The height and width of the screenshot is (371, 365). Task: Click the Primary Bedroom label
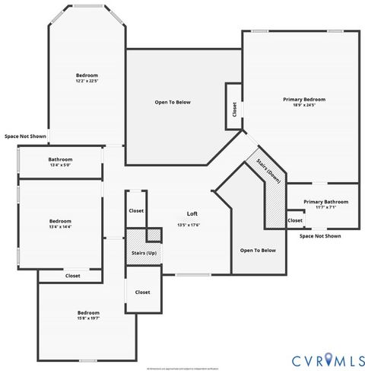point(304,100)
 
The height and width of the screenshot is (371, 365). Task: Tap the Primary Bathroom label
point(325,202)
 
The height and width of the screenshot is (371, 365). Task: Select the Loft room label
point(192,214)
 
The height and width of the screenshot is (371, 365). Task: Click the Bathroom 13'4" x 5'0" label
point(60,162)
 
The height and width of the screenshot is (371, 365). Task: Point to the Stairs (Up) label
point(142,252)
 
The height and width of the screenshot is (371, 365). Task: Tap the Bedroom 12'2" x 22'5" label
point(87,75)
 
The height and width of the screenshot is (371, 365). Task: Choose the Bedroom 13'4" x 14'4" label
point(60,219)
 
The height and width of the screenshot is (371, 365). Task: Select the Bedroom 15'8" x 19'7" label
point(88,313)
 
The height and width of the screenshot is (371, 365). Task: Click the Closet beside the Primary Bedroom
point(232,106)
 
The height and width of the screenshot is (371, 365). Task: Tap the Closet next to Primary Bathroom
point(295,220)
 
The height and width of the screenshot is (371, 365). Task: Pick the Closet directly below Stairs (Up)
point(142,292)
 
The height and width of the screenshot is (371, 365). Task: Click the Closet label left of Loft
point(136,211)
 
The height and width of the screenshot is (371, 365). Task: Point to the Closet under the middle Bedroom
point(73,276)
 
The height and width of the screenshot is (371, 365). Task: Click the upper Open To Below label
point(173,101)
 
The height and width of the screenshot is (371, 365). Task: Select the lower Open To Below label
point(259,251)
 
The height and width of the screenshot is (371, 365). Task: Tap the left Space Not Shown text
point(25,136)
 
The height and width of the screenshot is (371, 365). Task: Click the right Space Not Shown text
point(320,236)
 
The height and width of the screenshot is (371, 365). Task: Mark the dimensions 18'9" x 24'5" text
point(304,105)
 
